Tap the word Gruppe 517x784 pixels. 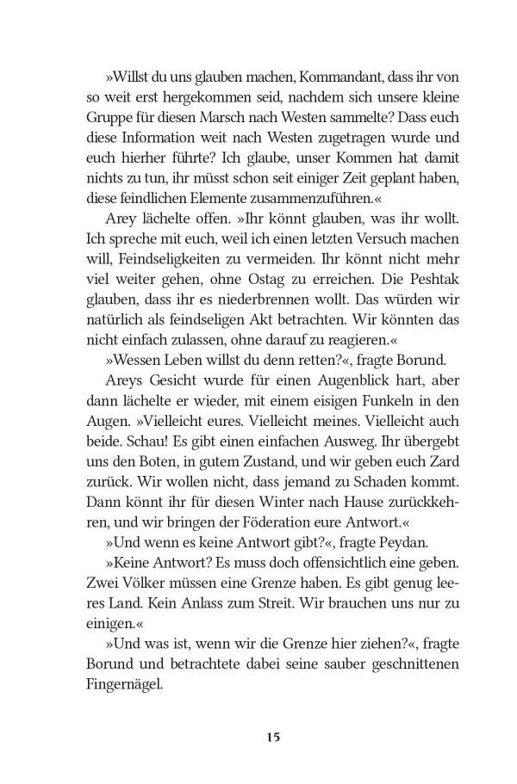pyautogui.click(x=109, y=118)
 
